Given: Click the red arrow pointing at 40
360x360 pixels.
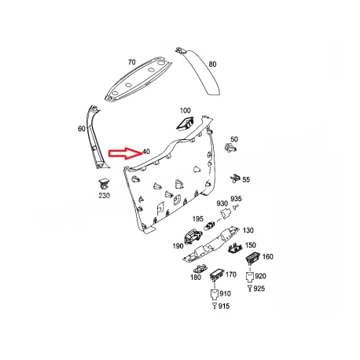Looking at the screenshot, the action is coord(126,153).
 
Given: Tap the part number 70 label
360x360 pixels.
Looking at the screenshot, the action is coord(132,62).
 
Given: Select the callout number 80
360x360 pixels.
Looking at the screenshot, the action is coord(212,64).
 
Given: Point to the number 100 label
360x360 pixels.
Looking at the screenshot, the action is coord(186,111).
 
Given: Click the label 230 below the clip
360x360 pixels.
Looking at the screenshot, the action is coord(104,196).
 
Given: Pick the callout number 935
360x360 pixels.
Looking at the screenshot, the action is coord(236,199).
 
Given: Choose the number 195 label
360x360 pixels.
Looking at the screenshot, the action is coord(198,219).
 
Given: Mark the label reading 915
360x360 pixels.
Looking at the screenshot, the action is coord(224,306).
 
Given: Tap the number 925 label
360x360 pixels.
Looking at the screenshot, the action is coord(259,288).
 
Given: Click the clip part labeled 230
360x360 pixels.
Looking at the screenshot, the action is coord(104,183).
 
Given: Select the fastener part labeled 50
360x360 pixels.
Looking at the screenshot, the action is coord(230,148).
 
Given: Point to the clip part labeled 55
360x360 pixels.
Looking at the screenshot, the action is coord(235,178).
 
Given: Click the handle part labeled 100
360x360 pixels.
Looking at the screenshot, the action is coord(186,123).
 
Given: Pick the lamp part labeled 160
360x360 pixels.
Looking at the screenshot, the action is coord(252,257).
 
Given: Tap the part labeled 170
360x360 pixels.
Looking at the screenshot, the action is coord(216,274).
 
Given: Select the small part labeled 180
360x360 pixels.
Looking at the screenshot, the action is coord(200,269).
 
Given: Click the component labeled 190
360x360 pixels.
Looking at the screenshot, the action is coord(193,236).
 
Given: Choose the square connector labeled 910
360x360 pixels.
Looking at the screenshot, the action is coord(215,294).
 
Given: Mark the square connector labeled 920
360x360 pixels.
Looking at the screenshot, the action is coord(250,277).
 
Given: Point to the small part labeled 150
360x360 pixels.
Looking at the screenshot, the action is coord(235,248).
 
